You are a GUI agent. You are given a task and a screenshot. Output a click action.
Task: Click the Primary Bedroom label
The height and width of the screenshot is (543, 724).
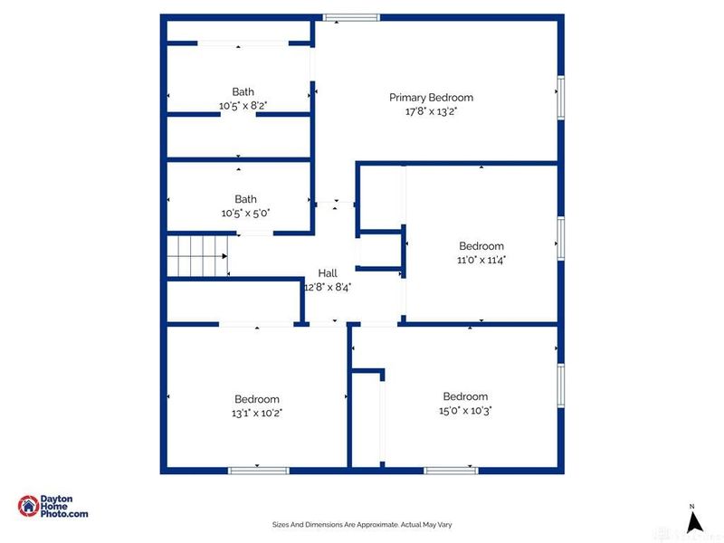431,98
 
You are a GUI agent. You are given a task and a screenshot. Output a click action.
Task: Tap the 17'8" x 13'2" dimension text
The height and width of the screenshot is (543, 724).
431,112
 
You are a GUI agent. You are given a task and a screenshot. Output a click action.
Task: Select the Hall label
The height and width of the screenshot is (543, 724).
327,272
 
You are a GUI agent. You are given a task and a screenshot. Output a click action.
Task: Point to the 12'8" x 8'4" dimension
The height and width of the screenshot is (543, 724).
327,286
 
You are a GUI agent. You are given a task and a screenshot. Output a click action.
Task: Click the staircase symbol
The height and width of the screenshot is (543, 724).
197,256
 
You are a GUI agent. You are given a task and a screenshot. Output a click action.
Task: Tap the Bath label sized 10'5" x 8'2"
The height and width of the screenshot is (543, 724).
243,91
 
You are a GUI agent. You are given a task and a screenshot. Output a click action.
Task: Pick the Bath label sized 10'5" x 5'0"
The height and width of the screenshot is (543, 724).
245,199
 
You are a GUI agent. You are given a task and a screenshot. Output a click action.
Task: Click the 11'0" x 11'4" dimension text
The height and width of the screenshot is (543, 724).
481,260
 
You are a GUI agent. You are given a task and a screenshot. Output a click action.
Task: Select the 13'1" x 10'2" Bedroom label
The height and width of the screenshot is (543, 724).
257,399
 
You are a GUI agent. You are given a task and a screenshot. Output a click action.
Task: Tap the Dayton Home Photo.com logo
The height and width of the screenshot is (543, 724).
53,507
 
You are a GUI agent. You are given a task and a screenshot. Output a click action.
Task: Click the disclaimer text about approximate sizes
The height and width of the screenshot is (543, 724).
362,524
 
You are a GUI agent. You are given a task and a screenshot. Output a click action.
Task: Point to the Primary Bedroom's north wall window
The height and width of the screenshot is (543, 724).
351,16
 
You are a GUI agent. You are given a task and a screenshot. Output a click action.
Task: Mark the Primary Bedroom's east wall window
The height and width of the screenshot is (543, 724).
561,98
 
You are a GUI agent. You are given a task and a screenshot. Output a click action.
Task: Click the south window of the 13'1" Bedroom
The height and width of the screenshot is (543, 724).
258,470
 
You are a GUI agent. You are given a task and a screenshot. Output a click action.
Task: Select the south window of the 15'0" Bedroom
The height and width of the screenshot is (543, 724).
451,470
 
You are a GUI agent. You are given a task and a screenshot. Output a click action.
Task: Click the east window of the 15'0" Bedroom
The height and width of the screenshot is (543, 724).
561,387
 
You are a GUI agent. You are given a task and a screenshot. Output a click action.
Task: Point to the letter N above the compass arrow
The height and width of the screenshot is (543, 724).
692,506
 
